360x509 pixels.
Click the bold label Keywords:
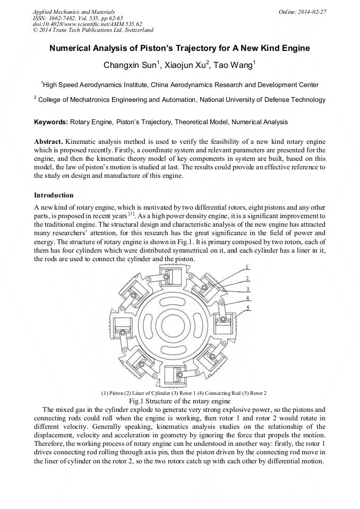pyautogui.click(x=51, y=122)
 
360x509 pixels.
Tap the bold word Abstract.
pyautogui.click(x=48, y=142)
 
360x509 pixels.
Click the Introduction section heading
pyautogui.click(x=54, y=195)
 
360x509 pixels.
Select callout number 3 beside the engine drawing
pyautogui.click(x=247, y=289)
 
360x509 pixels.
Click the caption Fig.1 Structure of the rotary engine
pyautogui.click(x=179, y=401)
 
